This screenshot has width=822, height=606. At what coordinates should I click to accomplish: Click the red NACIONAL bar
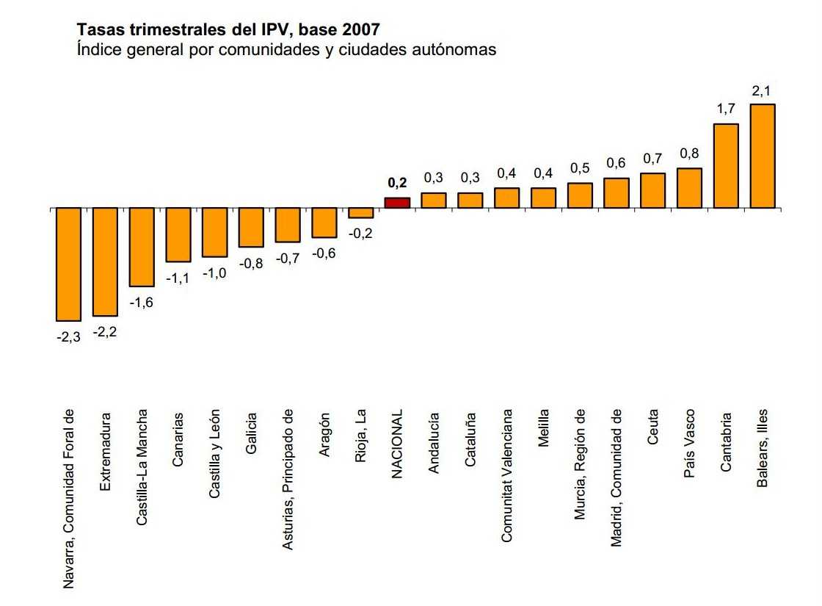point(397,203)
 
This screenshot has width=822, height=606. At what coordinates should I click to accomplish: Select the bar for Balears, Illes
point(763,156)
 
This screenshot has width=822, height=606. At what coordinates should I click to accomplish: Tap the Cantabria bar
point(726,166)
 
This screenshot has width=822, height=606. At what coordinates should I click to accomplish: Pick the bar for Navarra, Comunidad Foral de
point(69,264)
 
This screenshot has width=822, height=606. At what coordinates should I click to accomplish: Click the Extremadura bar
point(105,261)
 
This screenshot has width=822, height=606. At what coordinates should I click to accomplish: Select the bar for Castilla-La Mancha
point(142,247)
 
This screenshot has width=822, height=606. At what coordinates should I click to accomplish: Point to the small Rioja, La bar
point(361,213)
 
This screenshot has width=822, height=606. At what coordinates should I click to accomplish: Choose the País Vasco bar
point(689,188)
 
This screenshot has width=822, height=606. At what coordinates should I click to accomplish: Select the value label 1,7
point(725,109)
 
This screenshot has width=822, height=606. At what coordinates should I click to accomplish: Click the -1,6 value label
point(142,302)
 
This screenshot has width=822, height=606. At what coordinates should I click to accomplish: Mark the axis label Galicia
point(251,433)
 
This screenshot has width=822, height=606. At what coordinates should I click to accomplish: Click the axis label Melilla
point(544,428)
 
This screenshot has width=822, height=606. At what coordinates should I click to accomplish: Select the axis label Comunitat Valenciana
point(507,476)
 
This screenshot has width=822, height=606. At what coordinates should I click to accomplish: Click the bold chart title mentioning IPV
point(228,30)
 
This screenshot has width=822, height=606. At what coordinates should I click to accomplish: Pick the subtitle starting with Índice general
point(287,50)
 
